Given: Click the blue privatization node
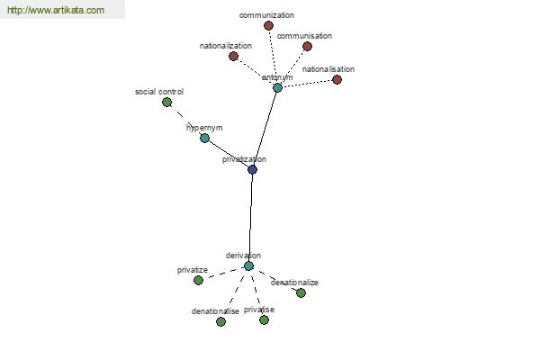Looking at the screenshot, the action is click(x=252, y=169).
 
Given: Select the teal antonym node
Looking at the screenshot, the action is click(x=277, y=87).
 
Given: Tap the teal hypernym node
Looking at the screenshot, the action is click(x=204, y=138).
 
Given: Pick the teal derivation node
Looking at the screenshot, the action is click(x=248, y=266).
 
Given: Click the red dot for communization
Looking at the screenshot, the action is click(x=268, y=25).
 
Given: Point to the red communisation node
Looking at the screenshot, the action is click(x=308, y=46).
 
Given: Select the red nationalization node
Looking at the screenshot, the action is click(x=233, y=56).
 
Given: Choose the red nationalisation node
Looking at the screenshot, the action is click(x=337, y=79).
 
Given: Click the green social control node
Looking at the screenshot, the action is click(x=167, y=102).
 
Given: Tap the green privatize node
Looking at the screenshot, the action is click(x=198, y=281).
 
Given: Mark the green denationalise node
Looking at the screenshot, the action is click(x=221, y=321).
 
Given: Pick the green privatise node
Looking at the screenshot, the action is click(x=264, y=320).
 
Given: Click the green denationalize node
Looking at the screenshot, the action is click(x=301, y=292).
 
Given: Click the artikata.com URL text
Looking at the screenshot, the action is click(x=56, y=10).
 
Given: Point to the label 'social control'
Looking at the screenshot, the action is click(x=159, y=92).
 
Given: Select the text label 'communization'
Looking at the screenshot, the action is click(x=266, y=15).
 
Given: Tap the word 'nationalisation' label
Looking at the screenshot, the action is click(x=328, y=69).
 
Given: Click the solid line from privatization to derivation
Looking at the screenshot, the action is click(x=251, y=218).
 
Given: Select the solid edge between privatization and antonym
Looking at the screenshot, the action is click(x=265, y=129).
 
